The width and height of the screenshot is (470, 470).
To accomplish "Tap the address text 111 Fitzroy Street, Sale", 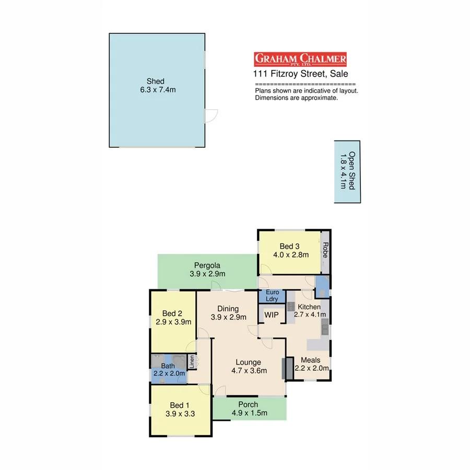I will point(300,74).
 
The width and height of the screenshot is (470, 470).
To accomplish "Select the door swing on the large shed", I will point(211,116).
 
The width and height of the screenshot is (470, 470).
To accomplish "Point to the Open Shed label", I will point(348,171).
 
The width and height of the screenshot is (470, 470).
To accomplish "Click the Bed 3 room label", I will point(290,246).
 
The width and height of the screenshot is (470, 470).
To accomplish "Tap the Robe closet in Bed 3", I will point(325,251).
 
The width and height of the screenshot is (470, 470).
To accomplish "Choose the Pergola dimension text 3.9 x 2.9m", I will point(207,274).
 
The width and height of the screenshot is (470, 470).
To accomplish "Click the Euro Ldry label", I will point(272,296).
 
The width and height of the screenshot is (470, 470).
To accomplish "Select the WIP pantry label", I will point(272,315).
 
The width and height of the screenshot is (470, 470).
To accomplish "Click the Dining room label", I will point(228,309).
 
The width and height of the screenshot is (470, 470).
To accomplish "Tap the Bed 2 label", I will point(172,313).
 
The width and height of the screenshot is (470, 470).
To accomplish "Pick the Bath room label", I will point(168,366).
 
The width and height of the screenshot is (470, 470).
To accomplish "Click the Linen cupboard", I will point(192,362).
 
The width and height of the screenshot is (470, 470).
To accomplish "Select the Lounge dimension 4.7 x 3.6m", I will point(249,371).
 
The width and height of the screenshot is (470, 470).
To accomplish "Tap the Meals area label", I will point(311,360).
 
